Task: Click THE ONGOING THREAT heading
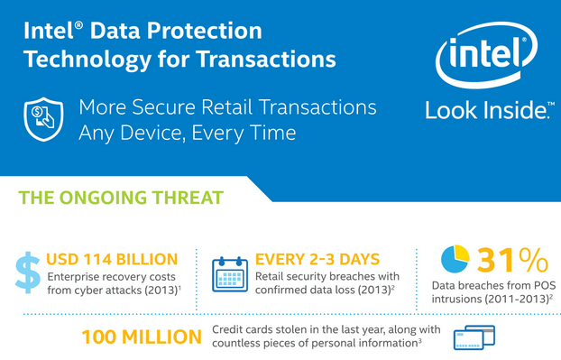122,196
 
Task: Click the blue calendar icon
229,272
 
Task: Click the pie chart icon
454,260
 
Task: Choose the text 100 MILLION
142,337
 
